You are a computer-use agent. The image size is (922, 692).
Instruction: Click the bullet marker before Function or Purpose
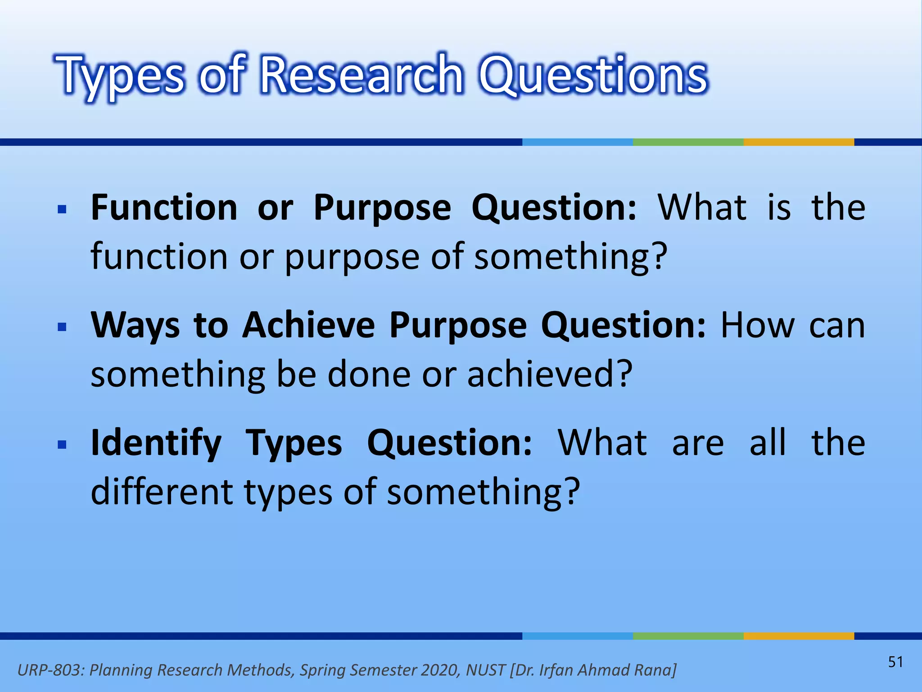coord(63,209)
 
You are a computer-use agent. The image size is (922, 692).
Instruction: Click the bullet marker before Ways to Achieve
coord(63,327)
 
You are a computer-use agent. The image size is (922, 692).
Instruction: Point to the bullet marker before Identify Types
coord(63,445)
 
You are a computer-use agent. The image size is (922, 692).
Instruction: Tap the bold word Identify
coord(156,444)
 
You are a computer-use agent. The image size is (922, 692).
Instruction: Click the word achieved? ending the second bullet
coord(550,374)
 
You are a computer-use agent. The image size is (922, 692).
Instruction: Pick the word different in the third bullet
coord(162,492)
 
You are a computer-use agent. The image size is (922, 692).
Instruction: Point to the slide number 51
coord(895,662)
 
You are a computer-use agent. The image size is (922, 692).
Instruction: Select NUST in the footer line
coord(485,670)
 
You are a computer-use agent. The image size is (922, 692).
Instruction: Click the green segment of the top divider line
coord(688,142)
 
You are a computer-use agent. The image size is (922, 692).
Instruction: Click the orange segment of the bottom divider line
coord(799,636)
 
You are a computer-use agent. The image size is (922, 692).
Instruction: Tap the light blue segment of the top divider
coord(577,142)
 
